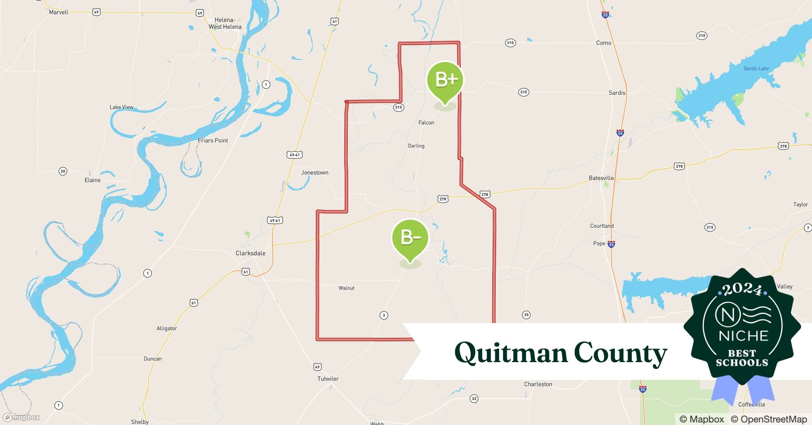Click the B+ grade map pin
[445, 80]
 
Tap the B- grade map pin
[410, 238]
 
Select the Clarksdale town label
[250, 253]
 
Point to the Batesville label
[601, 178]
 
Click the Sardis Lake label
[756, 68]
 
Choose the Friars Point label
[213, 141]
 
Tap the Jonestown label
[315, 173]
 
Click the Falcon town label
[426, 123]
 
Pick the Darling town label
[416, 146]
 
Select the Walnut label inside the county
[346, 288]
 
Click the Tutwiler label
[328, 379]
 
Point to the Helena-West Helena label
[225, 23]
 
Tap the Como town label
[604, 43]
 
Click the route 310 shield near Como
[510, 42]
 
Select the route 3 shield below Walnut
[384, 315]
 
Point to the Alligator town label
[167, 329]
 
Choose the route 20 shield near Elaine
[63, 171]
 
